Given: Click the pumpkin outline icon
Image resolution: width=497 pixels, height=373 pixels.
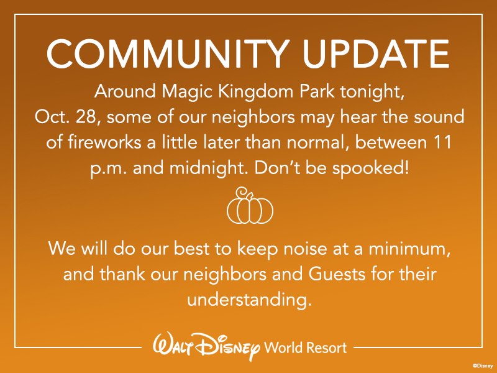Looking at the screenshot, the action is point(250,206).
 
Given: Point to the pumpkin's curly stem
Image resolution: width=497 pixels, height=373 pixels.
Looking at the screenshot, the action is point(244,193).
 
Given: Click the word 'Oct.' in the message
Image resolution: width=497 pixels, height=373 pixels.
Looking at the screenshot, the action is point(52,117).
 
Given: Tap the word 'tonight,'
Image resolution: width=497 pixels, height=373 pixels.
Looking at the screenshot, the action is point(372,93).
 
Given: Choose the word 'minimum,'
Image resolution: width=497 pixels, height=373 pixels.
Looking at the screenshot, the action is point(409,249).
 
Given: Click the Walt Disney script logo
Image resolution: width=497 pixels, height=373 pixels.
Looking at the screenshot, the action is point(207,347).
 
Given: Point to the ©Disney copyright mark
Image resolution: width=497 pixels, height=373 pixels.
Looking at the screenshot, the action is point(483,366).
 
